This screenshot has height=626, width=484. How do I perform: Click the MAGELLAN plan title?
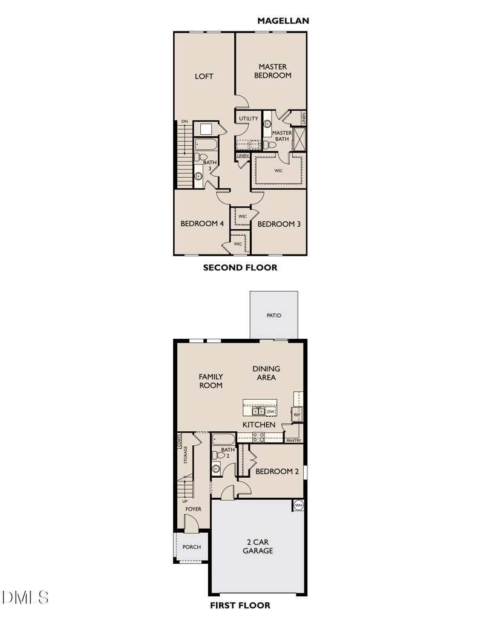283,21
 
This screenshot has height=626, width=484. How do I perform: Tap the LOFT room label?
204,76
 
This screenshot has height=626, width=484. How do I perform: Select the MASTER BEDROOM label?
272,71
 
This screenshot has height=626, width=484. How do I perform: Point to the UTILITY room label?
248,119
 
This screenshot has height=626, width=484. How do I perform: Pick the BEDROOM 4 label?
202,224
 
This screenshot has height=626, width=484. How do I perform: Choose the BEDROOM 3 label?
279,224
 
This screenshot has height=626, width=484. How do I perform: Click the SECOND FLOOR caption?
240,267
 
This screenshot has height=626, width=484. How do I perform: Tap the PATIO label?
273,315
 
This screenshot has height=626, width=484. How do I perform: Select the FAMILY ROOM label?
211,381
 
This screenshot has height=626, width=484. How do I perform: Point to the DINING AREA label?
266,373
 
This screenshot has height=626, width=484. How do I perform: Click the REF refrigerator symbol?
296,415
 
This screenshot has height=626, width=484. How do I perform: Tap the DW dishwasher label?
270,411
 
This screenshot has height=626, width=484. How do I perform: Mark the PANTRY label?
293,440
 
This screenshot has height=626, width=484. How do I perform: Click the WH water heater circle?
298,505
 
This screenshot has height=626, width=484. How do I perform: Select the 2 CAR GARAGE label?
258,546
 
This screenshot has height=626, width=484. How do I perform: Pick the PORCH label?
191,547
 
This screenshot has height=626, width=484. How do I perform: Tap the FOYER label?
193,509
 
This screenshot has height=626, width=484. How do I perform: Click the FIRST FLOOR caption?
240,605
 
